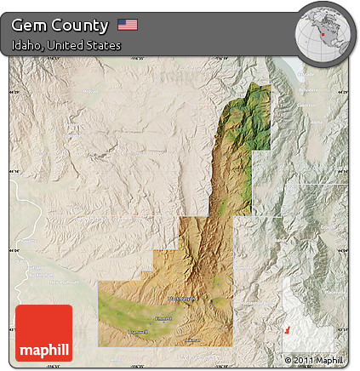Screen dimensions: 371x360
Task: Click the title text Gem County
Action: (x=60, y=25)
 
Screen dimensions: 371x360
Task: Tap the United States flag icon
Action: (x=128, y=25)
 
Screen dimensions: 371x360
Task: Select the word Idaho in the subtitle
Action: (x=26, y=45)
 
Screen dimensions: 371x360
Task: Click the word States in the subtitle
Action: (x=103, y=45)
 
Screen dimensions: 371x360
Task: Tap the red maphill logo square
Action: (x=43, y=333)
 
